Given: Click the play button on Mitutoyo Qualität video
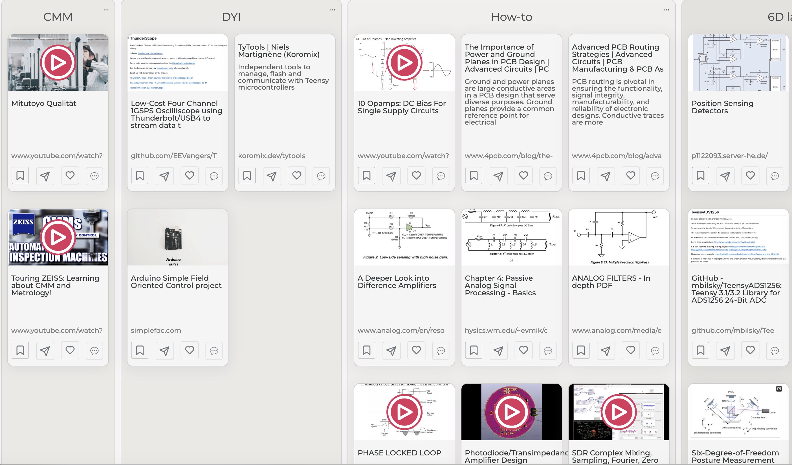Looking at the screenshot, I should pyautogui.click(x=58, y=63).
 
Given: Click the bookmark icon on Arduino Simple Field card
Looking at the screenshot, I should pyautogui.click(x=140, y=350).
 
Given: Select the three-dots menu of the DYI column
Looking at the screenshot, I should pyautogui.click(x=333, y=10).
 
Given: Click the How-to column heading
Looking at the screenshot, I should pyautogui.click(x=511, y=17).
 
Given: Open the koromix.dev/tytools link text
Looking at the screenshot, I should pyautogui.click(x=271, y=156).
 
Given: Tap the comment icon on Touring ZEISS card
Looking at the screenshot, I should pyautogui.click(x=94, y=350).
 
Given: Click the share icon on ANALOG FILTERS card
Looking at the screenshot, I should pyautogui.click(x=605, y=350).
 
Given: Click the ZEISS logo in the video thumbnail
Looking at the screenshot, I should pyautogui.click(x=23, y=222).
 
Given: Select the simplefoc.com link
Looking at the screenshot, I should pyautogui.click(x=156, y=330).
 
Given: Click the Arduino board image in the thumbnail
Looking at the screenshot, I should pyautogui.click(x=173, y=239).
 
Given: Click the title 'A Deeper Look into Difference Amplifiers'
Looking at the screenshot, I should pyautogui.click(x=397, y=282).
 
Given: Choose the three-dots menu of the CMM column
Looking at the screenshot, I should pyautogui.click(x=106, y=10).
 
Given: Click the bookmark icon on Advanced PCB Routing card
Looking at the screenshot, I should pyautogui.click(x=580, y=176).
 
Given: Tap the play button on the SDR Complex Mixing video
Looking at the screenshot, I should pyautogui.click(x=618, y=412).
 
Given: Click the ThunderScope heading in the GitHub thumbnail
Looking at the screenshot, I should pyautogui.click(x=143, y=38).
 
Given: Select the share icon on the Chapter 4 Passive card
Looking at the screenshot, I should pyautogui.click(x=498, y=350).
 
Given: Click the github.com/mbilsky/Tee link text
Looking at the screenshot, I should pyautogui.click(x=732, y=330).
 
